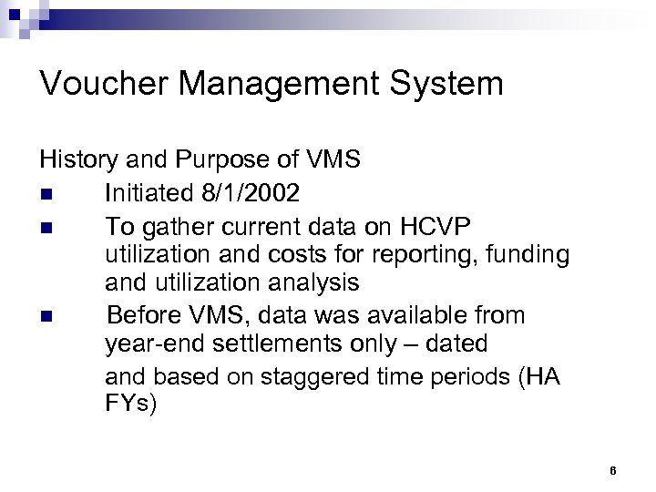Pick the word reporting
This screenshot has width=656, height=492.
pyautogui.click(x=418, y=254)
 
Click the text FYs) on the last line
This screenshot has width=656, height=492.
pyautogui.click(x=130, y=403)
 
